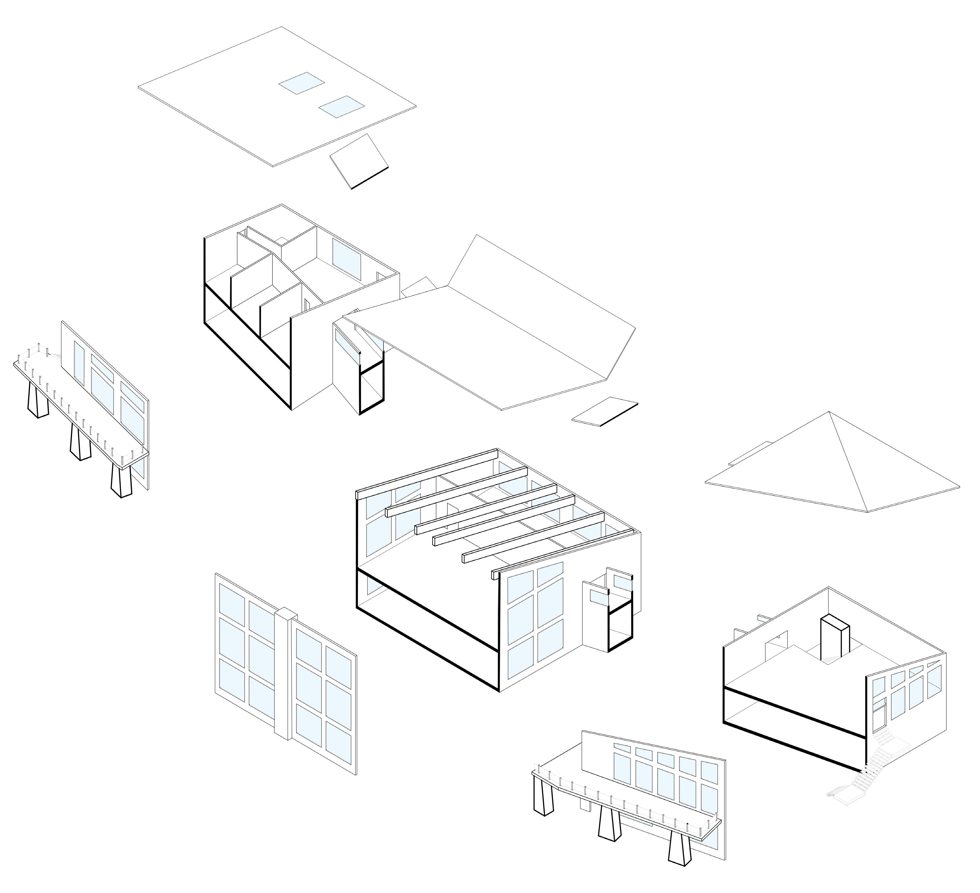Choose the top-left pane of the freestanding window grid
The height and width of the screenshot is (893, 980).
point(232,600)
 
